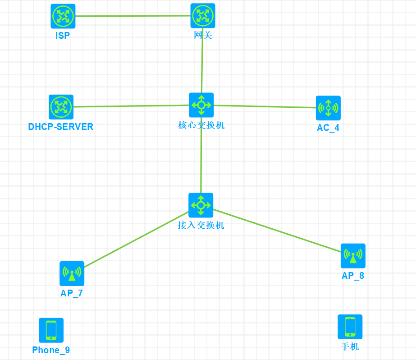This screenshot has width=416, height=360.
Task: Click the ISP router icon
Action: (x=63, y=16)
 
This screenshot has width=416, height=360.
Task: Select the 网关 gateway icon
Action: (x=203, y=16)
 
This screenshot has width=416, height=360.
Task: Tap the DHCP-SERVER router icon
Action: (x=61, y=107)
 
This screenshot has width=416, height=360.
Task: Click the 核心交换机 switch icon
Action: (x=201, y=105)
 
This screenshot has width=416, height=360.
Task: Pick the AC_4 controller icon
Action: (x=328, y=108)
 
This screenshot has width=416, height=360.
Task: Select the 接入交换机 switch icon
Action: (x=201, y=205)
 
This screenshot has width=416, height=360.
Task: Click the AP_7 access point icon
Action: (x=72, y=273)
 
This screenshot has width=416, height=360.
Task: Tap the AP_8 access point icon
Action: (x=353, y=256)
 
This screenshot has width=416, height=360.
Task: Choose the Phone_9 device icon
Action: (x=51, y=330)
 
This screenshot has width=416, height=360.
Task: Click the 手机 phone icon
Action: (x=350, y=327)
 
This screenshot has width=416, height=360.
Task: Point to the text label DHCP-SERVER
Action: (x=61, y=127)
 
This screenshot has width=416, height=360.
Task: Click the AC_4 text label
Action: (x=328, y=128)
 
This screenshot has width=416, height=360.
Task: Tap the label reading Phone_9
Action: (x=51, y=350)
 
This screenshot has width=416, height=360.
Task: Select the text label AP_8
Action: (x=353, y=276)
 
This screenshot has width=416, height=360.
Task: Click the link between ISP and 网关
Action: (x=133, y=16)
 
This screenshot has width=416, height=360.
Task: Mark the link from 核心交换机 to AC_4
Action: (x=265, y=106)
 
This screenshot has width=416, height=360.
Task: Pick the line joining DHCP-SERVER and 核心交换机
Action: (x=131, y=106)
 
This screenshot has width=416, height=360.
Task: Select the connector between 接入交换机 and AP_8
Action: (x=277, y=230)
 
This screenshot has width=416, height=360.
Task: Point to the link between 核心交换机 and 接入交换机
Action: (x=201, y=156)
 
